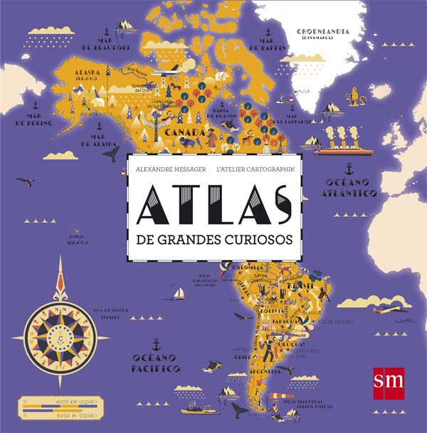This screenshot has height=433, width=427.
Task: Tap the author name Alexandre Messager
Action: click(166, 169)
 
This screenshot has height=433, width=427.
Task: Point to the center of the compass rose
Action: click(60, 331)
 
